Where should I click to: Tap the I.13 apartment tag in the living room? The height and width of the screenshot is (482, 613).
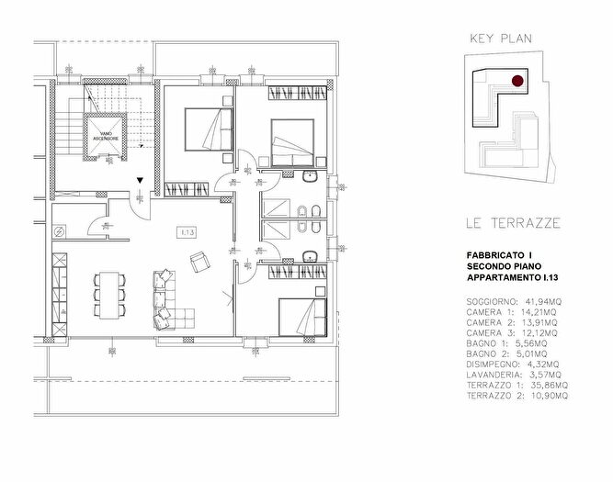point(187,231)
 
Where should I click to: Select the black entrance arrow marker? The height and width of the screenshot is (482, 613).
point(139,182)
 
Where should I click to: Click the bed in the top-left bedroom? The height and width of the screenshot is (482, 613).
point(208,128)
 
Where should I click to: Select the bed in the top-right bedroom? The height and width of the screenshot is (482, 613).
point(295,140)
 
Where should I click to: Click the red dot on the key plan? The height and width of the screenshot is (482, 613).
point(517,81)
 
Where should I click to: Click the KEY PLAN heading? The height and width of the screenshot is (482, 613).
point(501,39)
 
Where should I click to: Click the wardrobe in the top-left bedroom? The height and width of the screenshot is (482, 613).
point(199,189)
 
